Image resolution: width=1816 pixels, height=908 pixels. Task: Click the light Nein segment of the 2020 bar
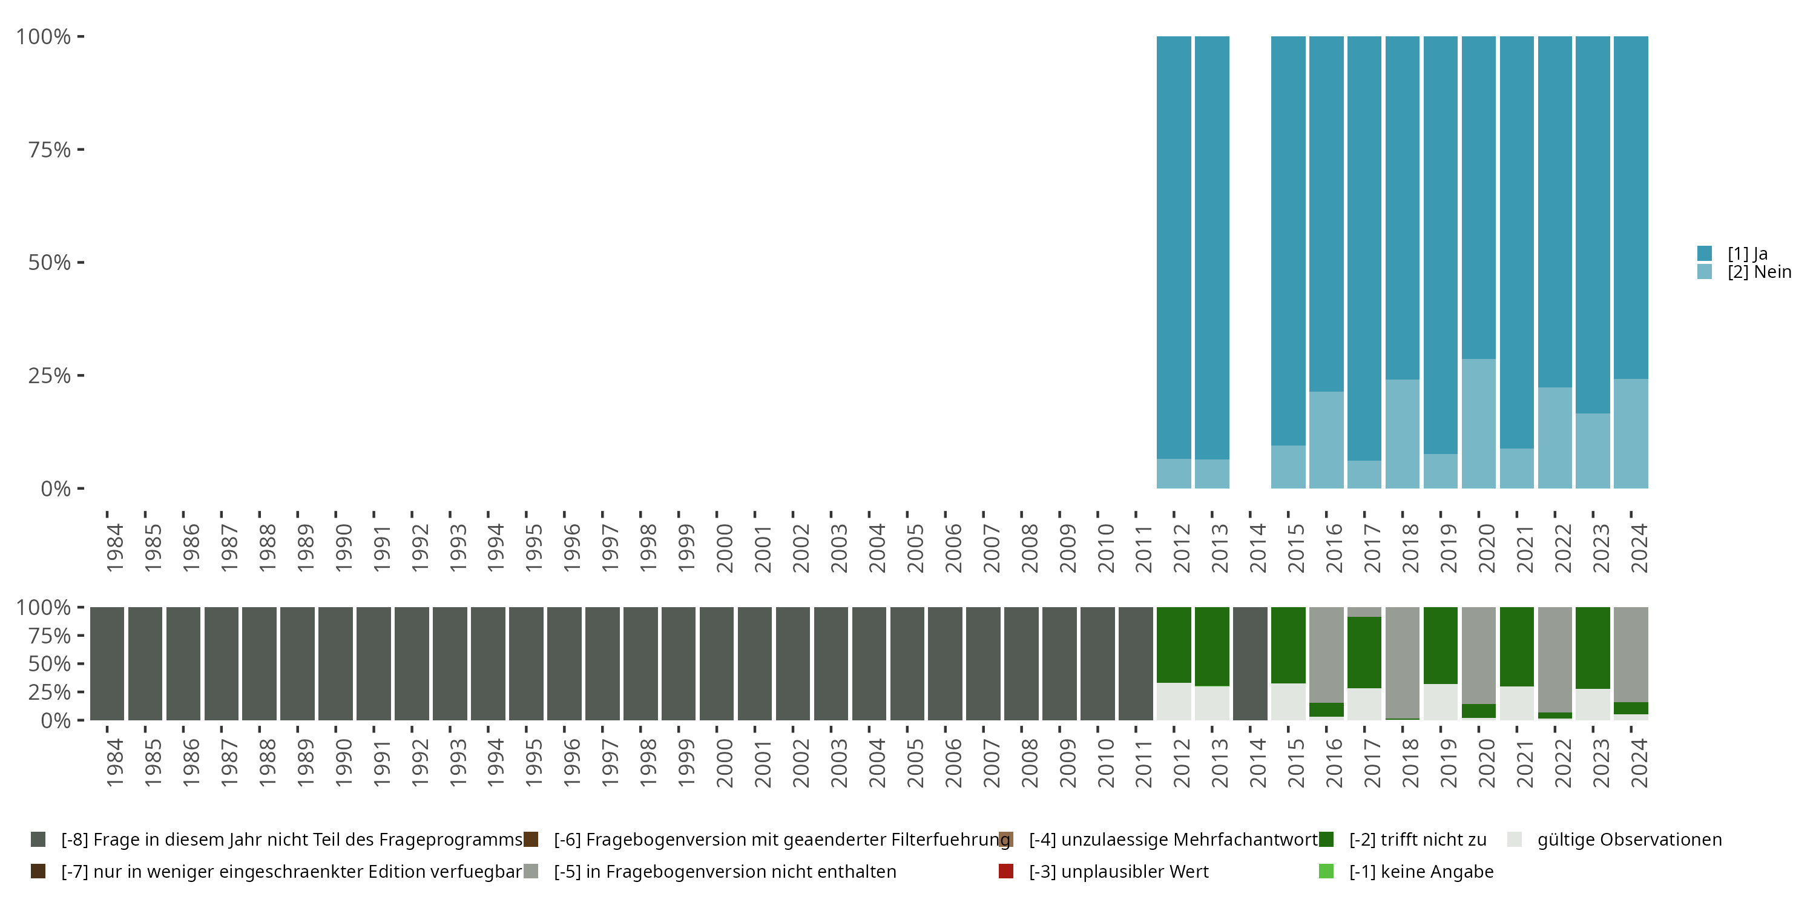coord(1478,423)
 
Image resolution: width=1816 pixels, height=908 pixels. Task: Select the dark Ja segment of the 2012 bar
coord(1174,247)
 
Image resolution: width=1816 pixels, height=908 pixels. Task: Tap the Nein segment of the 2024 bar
coord(1631,433)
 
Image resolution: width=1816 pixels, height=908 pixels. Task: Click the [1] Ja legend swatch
coord(1705,253)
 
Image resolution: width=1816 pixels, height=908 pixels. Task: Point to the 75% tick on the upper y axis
coord(81,150)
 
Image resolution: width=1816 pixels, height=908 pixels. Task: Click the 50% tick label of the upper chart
coord(50,262)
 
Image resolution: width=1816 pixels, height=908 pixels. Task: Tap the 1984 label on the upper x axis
coord(114,548)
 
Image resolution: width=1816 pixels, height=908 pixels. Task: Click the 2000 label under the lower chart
coord(724,763)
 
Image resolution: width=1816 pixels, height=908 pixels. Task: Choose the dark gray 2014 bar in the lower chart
coord(1250,663)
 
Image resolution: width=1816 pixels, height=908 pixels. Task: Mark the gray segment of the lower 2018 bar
coord(1402,662)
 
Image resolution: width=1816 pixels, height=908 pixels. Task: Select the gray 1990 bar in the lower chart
coord(335,663)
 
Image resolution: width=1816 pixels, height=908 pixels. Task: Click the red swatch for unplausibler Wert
coord(1006,871)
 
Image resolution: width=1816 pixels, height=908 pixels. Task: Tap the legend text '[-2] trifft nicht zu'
coord(1417,840)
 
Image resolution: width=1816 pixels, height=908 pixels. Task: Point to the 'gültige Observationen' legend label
coord(1628,840)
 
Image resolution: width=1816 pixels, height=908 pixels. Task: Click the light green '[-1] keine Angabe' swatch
coord(1326,871)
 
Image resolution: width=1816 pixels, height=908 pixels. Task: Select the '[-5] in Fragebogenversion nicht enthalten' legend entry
coord(725,871)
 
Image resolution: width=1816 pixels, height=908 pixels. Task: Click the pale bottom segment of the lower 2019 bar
coord(1440,702)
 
